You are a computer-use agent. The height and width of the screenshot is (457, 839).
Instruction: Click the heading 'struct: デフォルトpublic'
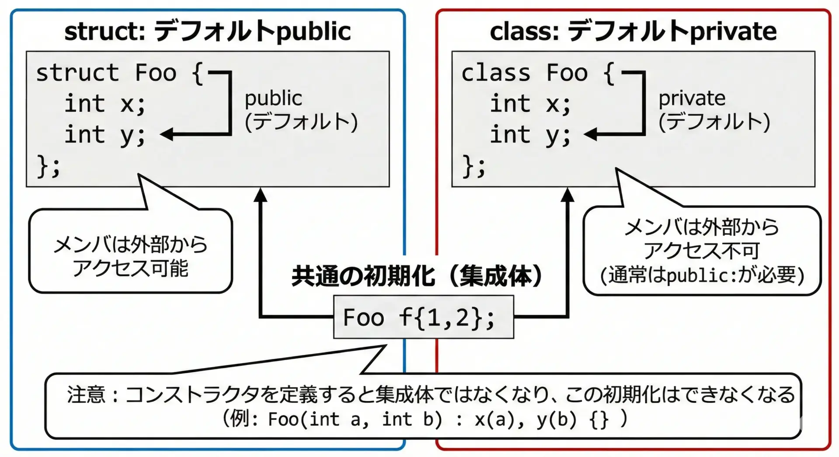(x=208, y=31)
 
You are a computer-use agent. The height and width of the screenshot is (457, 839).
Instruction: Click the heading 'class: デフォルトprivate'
(x=633, y=31)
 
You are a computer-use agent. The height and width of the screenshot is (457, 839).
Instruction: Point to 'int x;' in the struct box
(x=105, y=104)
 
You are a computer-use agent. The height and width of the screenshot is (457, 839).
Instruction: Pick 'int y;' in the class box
(x=530, y=134)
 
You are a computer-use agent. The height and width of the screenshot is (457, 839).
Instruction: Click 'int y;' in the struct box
(x=105, y=134)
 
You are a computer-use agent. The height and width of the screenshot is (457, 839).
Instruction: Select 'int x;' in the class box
(x=530, y=104)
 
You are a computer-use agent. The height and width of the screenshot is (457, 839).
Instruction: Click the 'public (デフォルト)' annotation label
(x=301, y=110)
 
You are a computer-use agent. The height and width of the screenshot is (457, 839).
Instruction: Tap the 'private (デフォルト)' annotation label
(x=714, y=110)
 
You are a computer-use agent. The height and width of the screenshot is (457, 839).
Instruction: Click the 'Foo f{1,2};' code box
(x=423, y=317)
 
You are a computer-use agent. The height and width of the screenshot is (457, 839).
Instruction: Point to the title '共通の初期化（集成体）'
(x=417, y=276)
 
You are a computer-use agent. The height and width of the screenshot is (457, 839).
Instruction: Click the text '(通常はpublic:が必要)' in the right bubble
(x=702, y=275)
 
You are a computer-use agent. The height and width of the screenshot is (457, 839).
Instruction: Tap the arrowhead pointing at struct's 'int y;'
(x=167, y=134)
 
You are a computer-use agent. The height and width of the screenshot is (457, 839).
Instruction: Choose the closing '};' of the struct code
(x=48, y=166)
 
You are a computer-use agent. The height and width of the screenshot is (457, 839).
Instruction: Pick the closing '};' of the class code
(x=474, y=166)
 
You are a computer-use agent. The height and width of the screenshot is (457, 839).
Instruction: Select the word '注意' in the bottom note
(x=86, y=395)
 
